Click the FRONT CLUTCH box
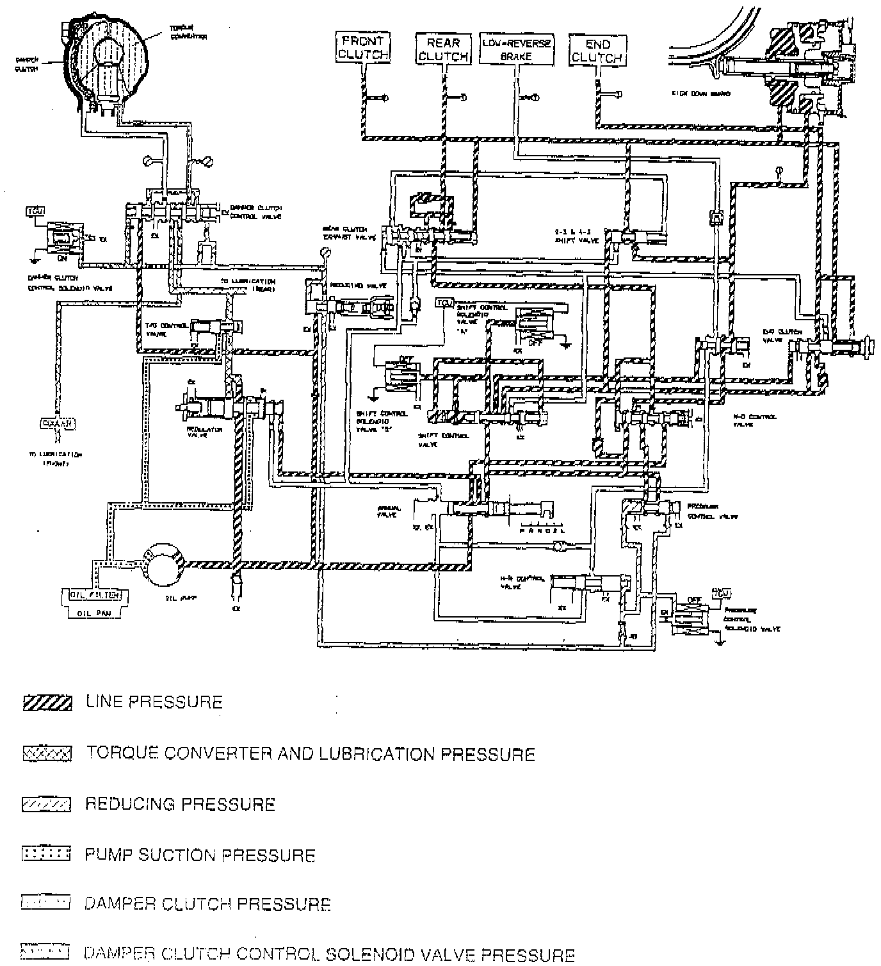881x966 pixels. click(x=363, y=47)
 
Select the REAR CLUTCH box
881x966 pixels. click(x=443, y=49)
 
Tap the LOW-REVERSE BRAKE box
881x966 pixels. click(x=516, y=49)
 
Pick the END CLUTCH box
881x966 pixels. click(x=597, y=50)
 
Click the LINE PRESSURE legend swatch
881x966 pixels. click(x=47, y=703)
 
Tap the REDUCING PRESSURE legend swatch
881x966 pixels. click(x=47, y=805)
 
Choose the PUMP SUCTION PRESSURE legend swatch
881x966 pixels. click(x=45, y=854)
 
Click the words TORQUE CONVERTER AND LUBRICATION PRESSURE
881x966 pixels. click(x=311, y=754)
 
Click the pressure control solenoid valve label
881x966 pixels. click(x=750, y=619)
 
